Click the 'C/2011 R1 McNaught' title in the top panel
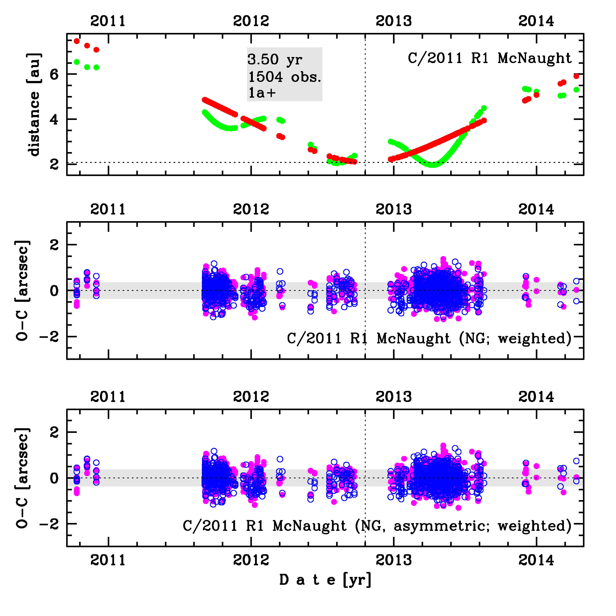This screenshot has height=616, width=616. (489, 58)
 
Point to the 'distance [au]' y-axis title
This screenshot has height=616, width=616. (34, 105)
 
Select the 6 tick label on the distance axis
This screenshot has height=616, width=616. (54, 74)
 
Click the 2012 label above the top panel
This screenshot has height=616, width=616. (251, 21)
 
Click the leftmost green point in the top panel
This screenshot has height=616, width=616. (76, 62)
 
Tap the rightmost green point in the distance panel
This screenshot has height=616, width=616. (576, 90)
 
